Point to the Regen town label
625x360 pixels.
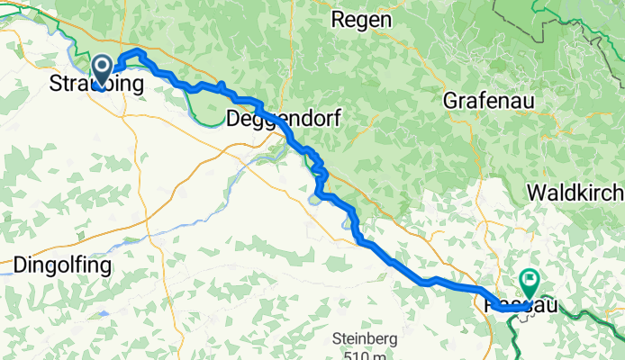pyautogui.click(x=361, y=19)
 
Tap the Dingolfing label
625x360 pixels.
pyautogui.click(x=62, y=265)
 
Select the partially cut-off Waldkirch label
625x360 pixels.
pyautogui.click(x=575, y=193)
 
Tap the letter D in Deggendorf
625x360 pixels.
pyautogui.click(x=233, y=118)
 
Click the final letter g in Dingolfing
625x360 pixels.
pyautogui.click(x=104, y=267)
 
